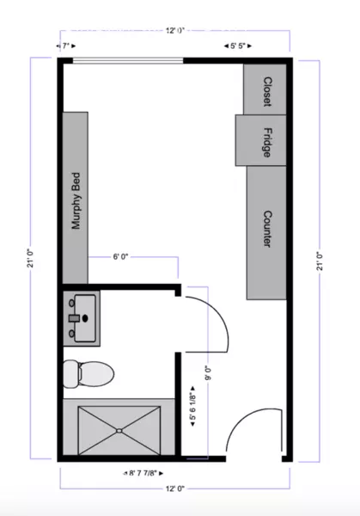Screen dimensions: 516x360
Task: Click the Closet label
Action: click(x=266, y=89)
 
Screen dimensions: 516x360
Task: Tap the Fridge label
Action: click(x=266, y=140)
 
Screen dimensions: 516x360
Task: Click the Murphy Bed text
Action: click(x=76, y=199)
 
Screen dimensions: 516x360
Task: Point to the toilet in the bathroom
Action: click(x=88, y=373)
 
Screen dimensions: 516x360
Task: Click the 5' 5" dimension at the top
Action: click(x=237, y=46)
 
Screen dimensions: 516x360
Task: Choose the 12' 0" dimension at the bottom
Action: click(x=175, y=488)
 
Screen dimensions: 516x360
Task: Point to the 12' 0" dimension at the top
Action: click(x=176, y=31)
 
